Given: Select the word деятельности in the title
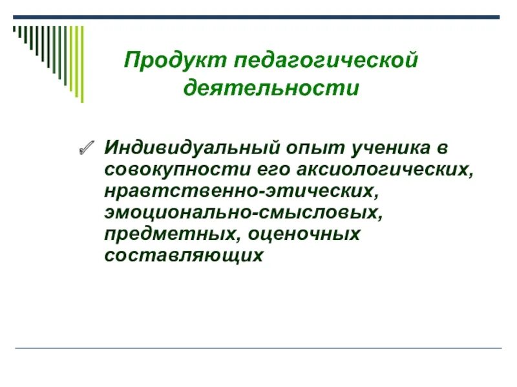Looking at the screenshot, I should (x=271, y=86).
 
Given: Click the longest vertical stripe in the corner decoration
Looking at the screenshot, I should (x=81, y=63).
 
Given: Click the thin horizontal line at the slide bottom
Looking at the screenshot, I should (x=258, y=349).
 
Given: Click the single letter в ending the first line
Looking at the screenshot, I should (x=441, y=148).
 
